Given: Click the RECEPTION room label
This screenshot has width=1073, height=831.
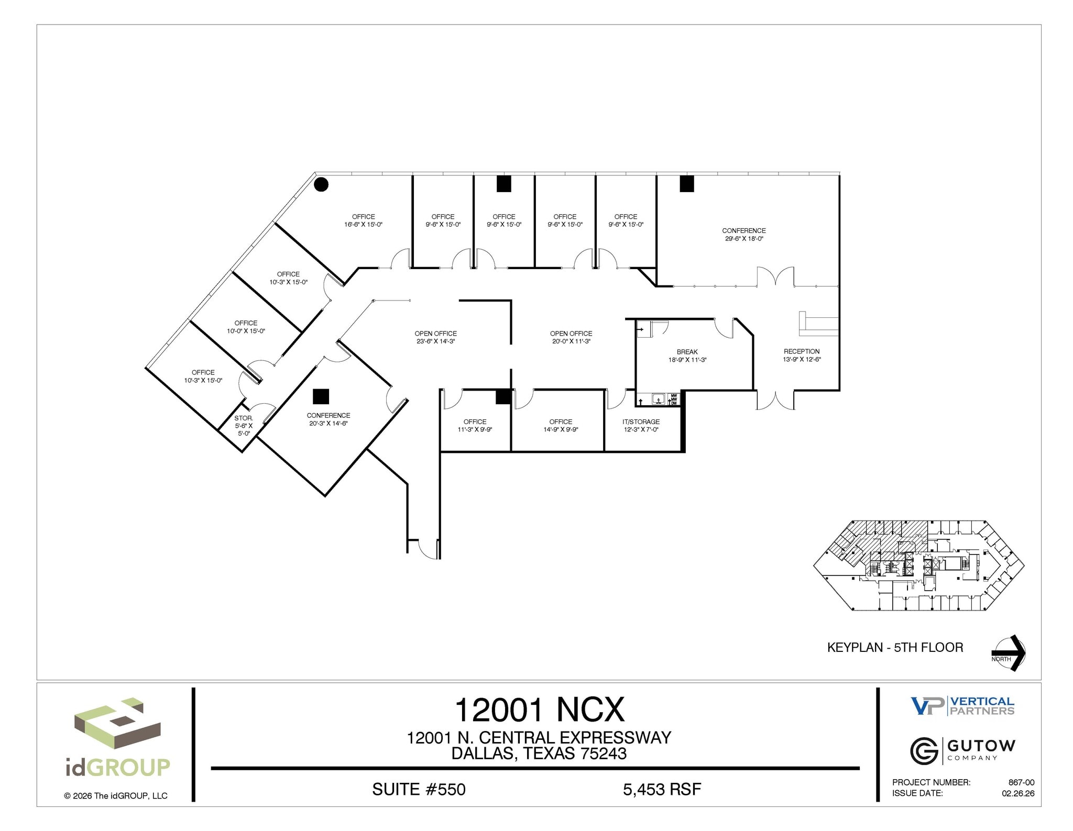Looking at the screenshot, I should pos(802,356).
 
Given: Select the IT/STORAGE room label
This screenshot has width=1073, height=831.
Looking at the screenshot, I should pos(641,425).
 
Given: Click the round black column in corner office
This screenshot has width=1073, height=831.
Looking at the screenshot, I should pos(321,184).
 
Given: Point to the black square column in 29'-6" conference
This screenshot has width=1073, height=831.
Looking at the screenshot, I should pos(686,184).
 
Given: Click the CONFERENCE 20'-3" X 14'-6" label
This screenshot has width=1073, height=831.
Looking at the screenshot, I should pos(329,419).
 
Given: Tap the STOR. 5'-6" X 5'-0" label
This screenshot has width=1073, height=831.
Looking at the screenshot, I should pos(244,426).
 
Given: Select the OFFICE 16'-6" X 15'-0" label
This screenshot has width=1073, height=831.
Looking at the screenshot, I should pos(363,220).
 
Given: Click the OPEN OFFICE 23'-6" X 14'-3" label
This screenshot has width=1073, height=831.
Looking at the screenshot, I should pos(435,337).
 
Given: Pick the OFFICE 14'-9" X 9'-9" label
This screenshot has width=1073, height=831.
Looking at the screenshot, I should pos(561,425).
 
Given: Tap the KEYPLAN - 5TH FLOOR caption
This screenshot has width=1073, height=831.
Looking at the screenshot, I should pos(895,648).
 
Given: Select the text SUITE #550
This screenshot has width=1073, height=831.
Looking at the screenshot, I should pos(419,789).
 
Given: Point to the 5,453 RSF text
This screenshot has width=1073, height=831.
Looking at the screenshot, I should pos(662,789).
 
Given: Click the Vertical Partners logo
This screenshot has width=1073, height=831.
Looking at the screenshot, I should pos(962,706).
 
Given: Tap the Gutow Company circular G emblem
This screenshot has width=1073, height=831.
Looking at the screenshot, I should pos(924,750).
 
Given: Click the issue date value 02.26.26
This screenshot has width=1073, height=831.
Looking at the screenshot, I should pos(1017,793).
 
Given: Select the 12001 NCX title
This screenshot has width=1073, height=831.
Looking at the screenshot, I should pos(539,710).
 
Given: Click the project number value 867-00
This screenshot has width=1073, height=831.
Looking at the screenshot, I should pos(1021,782).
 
